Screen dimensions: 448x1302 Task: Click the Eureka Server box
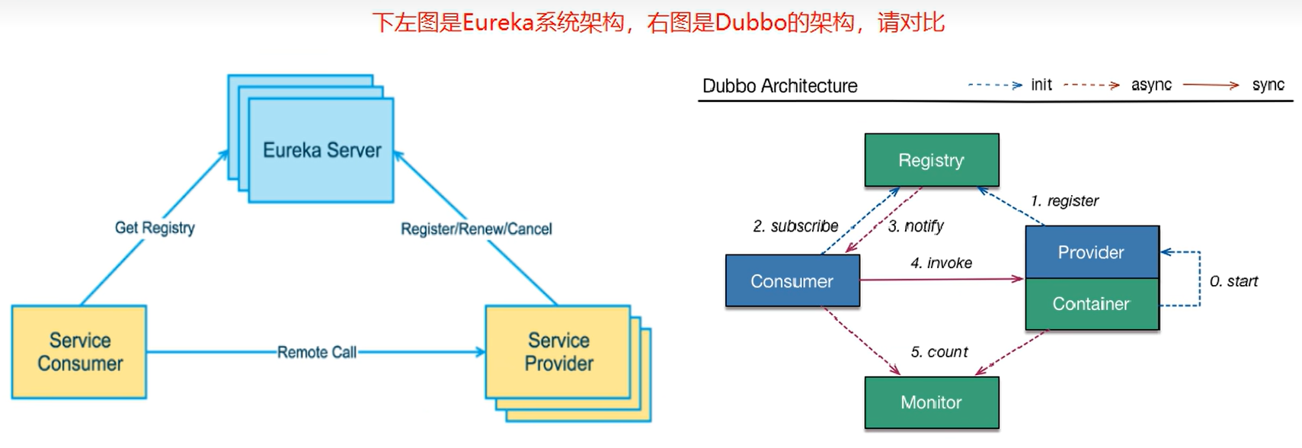tap(321, 150)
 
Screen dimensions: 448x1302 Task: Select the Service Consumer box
tap(79, 351)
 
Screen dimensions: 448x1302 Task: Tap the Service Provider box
tap(558, 351)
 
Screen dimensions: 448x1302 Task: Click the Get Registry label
tap(155, 228)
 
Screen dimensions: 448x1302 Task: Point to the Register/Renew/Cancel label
tap(476, 229)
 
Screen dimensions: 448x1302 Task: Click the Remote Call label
tap(316, 352)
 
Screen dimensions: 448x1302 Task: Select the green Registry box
tap(931, 160)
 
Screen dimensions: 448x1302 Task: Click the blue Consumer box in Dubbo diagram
tap(792, 281)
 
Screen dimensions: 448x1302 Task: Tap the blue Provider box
tap(1091, 252)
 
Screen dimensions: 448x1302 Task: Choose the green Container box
tap(1091, 304)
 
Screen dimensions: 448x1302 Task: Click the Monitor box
tap(931, 402)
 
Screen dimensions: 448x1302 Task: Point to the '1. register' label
tap(1064, 201)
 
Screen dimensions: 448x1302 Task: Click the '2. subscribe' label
tap(795, 226)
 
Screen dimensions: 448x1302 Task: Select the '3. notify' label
tap(916, 226)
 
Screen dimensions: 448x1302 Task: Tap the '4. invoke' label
tap(941, 263)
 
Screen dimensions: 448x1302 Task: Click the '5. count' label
tap(939, 352)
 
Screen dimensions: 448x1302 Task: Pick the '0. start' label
tap(1233, 281)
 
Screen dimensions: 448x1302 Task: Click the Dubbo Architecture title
tap(779, 86)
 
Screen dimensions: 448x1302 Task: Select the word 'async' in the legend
tap(1151, 85)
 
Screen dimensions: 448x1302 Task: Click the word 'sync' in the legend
tap(1268, 85)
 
